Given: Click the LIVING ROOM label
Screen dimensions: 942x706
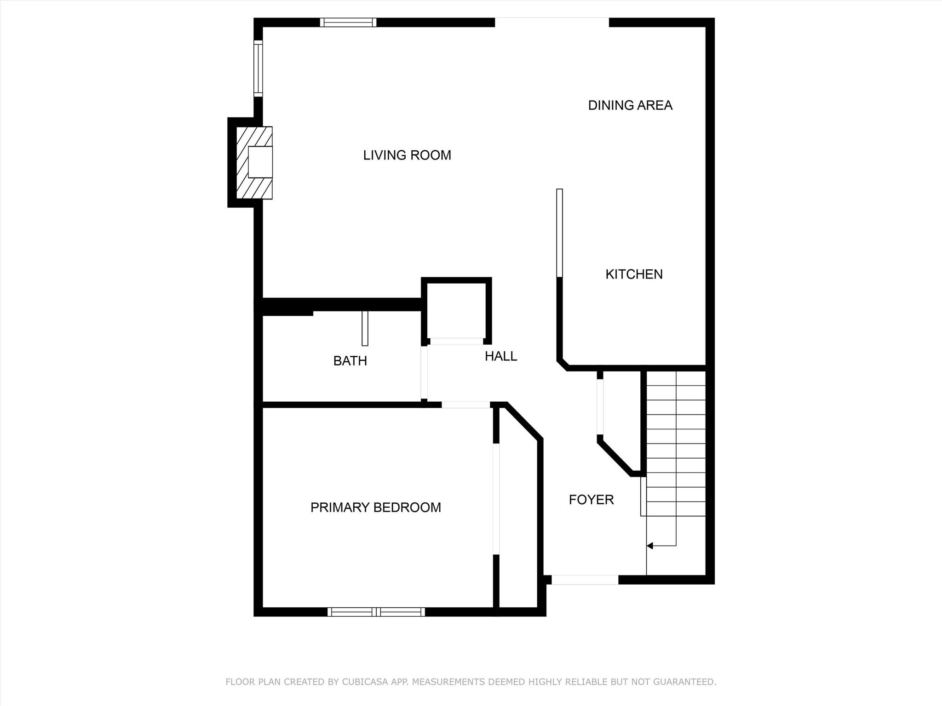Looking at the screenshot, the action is pyautogui.click(x=407, y=155).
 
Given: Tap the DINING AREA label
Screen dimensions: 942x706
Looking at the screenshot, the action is pyautogui.click(x=630, y=105).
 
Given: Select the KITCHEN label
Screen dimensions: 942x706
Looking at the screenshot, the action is pyautogui.click(x=634, y=274).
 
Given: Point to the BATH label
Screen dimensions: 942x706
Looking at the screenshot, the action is pyautogui.click(x=350, y=361).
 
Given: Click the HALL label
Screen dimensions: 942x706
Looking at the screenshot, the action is pyautogui.click(x=501, y=356).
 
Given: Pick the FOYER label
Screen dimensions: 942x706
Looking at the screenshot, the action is pyautogui.click(x=591, y=500).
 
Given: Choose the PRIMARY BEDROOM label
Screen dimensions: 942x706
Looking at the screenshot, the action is pyautogui.click(x=376, y=507).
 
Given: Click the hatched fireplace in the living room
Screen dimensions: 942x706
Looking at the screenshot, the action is pyautogui.click(x=254, y=163).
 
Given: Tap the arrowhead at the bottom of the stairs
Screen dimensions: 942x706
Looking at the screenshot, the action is pyautogui.click(x=649, y=546).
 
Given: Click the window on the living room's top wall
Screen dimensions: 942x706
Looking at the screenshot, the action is pyautogui.click(x=348, y=22).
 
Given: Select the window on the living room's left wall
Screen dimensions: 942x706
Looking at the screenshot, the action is pyautogui.click(x=258, y=68).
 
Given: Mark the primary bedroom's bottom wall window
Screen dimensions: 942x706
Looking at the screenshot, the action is pyautogui.click(x=376, y=612).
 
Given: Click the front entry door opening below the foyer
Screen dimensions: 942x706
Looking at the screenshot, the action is pyautogui.click(x=585, y=580).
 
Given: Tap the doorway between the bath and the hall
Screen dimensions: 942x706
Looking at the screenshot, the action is pyautogui.click(x=424, y=373).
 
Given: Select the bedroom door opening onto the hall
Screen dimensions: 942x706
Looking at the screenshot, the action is pyautogui.click(x=466, y=405).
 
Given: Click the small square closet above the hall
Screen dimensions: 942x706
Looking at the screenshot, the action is pyautogui.click(x=456, y=311).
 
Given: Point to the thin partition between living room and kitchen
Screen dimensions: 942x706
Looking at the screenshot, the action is pyautogui.click(x=560, y=233).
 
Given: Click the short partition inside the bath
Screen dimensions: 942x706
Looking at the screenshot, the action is pyautogui.click(x=365, y=328).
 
